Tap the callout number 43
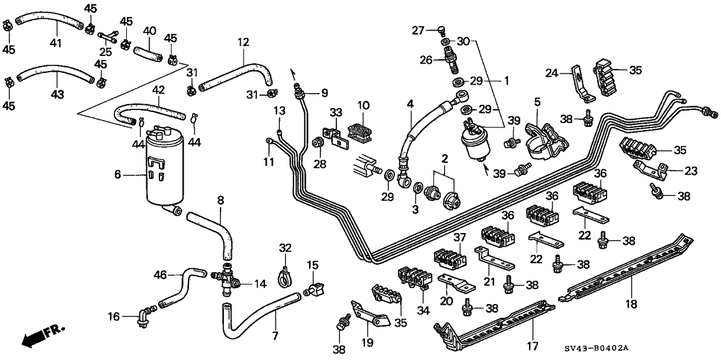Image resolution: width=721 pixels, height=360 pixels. tap(57, 94)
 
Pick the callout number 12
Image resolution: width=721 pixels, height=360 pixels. tap(243, 42)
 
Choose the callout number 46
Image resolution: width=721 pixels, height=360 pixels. tap(159, 275)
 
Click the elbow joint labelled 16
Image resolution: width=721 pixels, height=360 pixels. tap(141, 317)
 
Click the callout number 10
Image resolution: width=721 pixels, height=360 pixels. tap(363, 104)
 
